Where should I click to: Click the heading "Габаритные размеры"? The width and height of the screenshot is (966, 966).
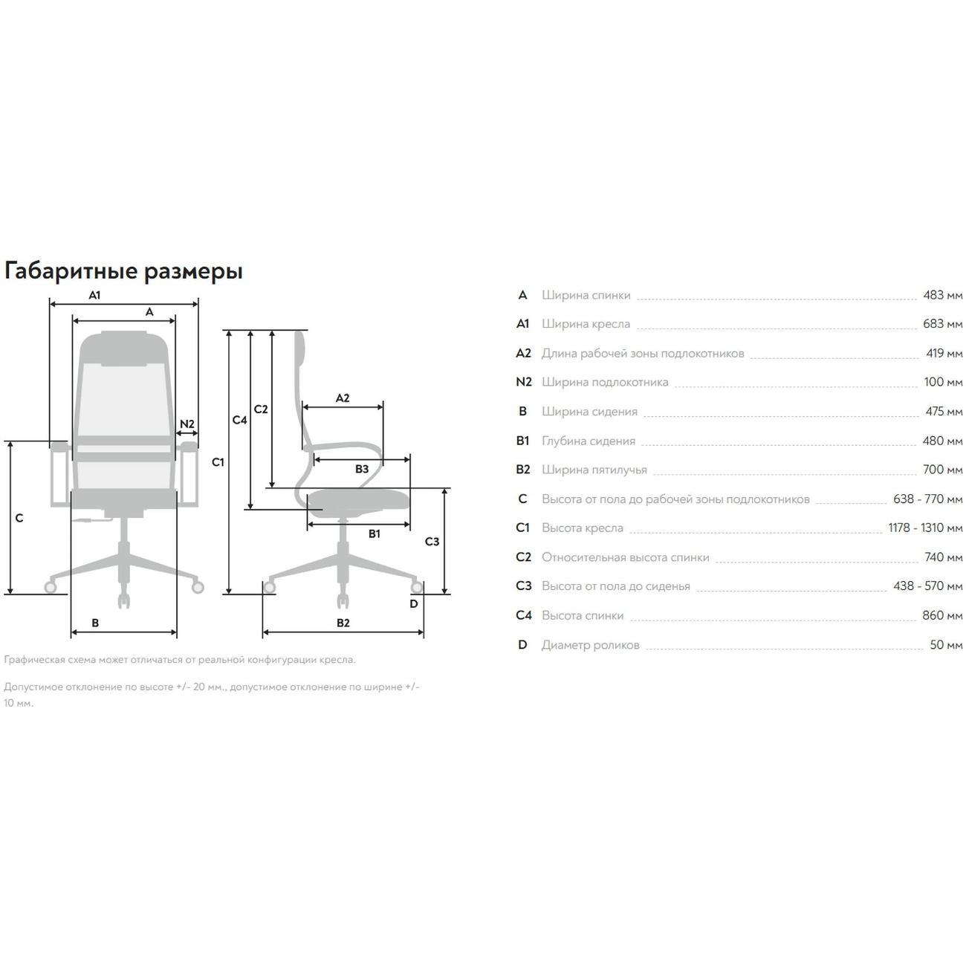123,271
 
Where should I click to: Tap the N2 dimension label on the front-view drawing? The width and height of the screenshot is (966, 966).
187,424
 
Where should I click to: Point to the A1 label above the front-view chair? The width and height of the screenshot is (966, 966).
95,295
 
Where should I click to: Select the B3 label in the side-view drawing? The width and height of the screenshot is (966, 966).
362,469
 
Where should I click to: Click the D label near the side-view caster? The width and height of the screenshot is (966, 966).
414,603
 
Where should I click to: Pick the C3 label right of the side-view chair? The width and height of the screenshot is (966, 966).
432,542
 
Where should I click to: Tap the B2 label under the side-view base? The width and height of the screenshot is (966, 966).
343,623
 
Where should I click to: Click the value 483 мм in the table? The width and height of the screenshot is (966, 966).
942,295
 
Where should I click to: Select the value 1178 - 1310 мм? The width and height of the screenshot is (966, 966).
925,528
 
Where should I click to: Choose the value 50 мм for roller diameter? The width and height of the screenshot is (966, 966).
946,644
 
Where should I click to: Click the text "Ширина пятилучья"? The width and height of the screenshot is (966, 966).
594,470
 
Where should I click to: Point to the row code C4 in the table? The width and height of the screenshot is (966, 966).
523,615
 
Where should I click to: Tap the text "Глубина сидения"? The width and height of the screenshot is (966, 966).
589,441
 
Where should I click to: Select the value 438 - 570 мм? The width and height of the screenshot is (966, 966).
928,586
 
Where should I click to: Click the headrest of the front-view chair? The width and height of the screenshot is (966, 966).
124,349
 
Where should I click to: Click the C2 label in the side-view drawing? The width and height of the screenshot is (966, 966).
261,409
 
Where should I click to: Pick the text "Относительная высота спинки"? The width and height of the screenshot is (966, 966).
626,557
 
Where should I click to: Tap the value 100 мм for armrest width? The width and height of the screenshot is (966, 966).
943,382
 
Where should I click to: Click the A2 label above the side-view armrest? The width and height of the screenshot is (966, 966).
343,398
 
